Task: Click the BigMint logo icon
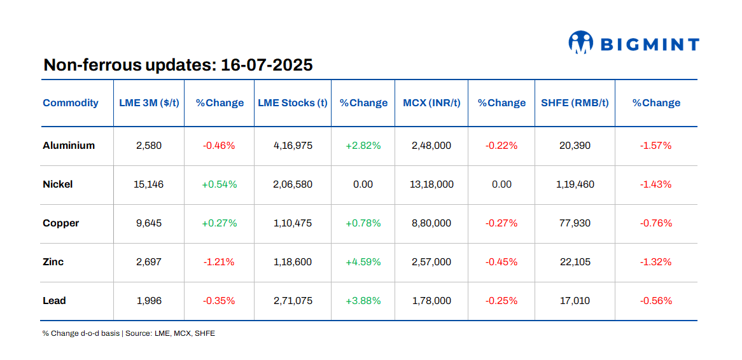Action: (x=580, y=43)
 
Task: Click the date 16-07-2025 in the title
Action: (x=267, y=65)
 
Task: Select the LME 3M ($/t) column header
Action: (x=149, y=103)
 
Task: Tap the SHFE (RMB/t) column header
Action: (x=575, y=103)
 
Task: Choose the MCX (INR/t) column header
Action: (x=431, y=103)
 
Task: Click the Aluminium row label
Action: (x=69, y=146)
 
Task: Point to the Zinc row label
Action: (x=53, y=262)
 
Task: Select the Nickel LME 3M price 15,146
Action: (x=149, y=184)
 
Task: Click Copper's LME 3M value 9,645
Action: (x=149, y=223)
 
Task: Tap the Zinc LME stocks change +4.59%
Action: (x=363, y=262)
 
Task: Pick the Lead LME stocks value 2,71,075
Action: (x=292, y=301)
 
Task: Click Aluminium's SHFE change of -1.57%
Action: (x=655, y=146)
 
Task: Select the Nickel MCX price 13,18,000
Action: (x=431, y=184)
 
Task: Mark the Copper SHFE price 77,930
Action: (x=575, y=223)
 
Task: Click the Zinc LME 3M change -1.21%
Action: (x=219, y=262)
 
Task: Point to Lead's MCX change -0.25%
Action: (x=501, y=301)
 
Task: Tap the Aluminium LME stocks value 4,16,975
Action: (x=292, y=146)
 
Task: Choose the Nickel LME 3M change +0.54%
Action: (x=219, y=184)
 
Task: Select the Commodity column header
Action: (x=71, y=103)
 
